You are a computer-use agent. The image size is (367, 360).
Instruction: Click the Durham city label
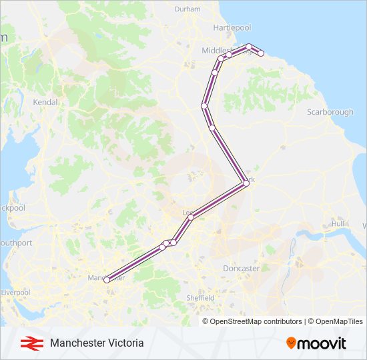click(x=187, y=9)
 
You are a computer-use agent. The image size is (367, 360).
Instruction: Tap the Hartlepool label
click(x=232, y=27)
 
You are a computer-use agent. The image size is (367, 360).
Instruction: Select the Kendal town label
click(x=45, y=103)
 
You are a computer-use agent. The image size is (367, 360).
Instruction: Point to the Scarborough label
click(x=330, y=112)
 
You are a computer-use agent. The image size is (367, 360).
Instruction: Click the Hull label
click(x=338, y=223)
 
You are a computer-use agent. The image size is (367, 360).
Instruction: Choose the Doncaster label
click(x=241, y=268)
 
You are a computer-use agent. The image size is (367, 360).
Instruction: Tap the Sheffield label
click(x=200, y=297)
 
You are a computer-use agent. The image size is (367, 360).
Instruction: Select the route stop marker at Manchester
click(x=107, y=281)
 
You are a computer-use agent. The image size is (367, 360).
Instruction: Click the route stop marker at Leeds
click(x=191, y=217)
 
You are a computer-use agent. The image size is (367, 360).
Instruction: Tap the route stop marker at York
click(x=246, y=182)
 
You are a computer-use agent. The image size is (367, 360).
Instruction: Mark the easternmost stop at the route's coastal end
click(x=262, y=53)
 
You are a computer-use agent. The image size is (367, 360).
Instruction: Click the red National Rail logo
click(x=29, y=343)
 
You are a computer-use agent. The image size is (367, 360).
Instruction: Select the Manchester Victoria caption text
click(x=96, y=343)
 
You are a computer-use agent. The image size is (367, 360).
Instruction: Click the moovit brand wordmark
click(x=322, y=344)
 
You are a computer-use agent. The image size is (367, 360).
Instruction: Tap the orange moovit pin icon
click(x=291, y=343)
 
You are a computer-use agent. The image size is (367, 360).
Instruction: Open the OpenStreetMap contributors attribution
click(x=256, y=321)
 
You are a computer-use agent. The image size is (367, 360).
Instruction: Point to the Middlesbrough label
click(x=220, y=51)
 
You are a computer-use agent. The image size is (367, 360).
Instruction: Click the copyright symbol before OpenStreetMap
click(x=206, y=321)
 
